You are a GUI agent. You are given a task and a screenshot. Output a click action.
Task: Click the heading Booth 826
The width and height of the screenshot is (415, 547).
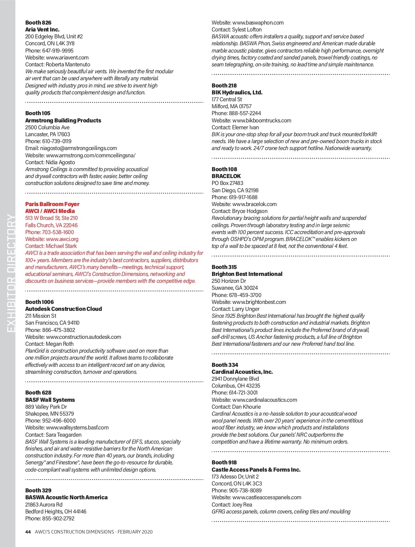tap(38, 22)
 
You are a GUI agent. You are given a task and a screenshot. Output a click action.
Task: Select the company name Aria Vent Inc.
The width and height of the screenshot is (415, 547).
tap(42, 29)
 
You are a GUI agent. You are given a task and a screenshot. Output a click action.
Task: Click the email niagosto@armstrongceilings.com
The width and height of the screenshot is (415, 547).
tap(79, 148)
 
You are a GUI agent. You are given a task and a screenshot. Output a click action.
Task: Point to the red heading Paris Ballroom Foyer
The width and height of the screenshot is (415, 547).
tap(52, 204)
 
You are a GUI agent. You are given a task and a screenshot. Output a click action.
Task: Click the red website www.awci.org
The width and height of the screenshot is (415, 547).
tap(62, 239)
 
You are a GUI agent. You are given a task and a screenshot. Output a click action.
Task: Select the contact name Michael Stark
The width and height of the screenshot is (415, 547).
tap(61, 246)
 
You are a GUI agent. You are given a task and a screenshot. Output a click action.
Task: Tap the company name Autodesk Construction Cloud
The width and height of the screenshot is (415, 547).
tap(64, 309)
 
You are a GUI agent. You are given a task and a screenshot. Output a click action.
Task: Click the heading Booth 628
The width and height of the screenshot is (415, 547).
tap(38, 392)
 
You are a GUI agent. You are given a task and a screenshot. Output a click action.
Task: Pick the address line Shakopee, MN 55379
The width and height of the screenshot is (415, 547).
tap(49, 414)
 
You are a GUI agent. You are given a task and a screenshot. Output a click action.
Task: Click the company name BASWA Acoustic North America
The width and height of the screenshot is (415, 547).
tap(66, 497)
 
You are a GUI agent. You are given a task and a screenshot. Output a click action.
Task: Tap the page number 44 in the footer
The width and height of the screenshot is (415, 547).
tap(28, 532)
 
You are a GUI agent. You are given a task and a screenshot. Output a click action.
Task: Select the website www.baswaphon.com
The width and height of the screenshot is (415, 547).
tap(258, 22)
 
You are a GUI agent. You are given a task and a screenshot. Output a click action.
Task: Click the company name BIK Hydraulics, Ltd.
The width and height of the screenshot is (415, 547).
tap(237, 92)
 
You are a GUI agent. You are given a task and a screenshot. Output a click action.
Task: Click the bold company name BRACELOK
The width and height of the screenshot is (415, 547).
tap(226, 176)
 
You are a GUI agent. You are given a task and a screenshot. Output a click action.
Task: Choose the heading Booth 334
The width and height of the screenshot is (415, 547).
tap(225, 365)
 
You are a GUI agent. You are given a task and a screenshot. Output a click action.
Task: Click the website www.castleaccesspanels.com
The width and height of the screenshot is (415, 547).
tap(267, 497)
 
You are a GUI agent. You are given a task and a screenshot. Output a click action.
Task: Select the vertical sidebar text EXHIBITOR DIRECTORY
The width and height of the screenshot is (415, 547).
tap(11, 273)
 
